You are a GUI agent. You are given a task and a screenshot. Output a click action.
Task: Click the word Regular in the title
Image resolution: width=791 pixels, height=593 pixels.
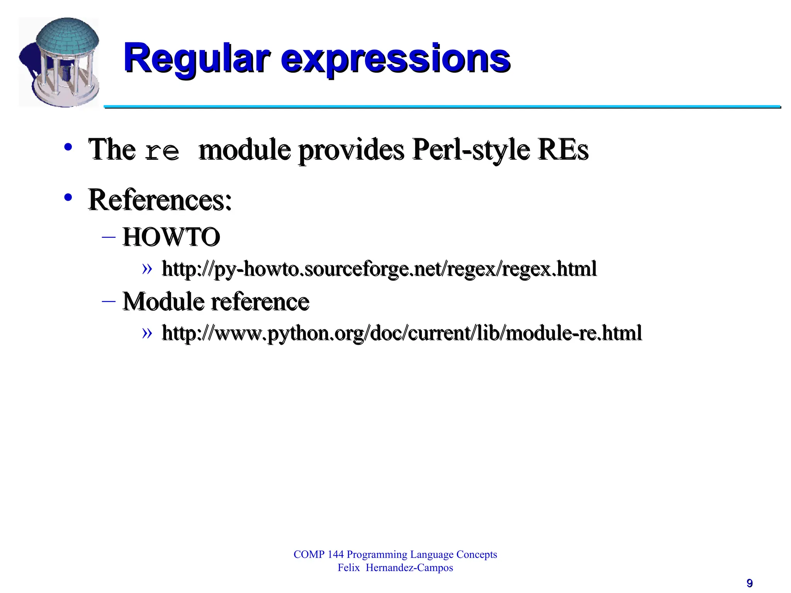click(196, 59)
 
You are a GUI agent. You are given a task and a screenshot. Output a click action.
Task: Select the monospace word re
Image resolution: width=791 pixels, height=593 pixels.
click(162, 151)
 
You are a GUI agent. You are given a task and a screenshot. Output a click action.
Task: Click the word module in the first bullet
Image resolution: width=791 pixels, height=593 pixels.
click(244, 150)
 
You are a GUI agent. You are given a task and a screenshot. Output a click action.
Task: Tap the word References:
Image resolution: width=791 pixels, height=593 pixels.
click(160, 200)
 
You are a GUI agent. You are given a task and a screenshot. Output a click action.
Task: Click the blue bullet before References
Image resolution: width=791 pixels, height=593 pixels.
click(68, 198)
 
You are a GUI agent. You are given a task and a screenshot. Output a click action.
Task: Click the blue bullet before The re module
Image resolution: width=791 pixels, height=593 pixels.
click(68, 147)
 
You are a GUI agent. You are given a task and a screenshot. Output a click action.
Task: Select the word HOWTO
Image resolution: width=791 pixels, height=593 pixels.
click(171, 237)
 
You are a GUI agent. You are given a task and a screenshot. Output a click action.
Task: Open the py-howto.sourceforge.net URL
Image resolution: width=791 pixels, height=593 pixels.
click(379, 269)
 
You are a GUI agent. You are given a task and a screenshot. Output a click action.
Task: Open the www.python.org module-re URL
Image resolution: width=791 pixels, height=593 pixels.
click(402, 333)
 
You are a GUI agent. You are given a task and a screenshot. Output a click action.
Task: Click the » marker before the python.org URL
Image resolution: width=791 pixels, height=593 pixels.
click(147, 332)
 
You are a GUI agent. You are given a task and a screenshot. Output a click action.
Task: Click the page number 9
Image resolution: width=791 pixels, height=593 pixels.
click(749, 583)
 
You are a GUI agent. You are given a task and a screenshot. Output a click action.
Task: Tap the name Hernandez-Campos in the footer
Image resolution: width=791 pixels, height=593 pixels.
click(409, 568)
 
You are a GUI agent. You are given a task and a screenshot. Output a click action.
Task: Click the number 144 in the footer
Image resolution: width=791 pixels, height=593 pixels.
click(335, 554)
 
